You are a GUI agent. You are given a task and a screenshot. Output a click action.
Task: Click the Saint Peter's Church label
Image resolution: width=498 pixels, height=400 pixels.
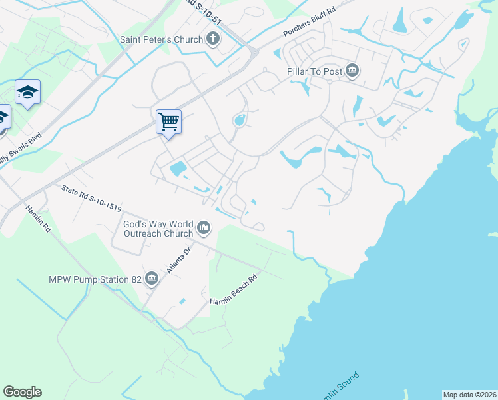pyautogui.click(x=161, y=39)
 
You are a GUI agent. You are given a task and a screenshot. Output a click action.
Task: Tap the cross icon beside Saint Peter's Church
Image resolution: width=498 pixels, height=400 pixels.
pyautogui.click(x=213, y=39)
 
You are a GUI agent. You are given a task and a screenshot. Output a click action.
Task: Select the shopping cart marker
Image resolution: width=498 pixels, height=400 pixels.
pyautogui.click(x=168, y=122)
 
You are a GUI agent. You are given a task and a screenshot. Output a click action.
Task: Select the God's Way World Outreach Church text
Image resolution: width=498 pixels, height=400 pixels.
pyautogui.click(x=158, y=229)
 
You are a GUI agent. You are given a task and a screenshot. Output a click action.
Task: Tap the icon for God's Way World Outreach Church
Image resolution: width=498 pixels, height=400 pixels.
pyautogui.click(x=204, y=229)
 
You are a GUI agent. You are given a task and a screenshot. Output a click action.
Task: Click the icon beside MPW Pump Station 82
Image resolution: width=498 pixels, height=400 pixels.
pyautogui.click(x=152, y=279)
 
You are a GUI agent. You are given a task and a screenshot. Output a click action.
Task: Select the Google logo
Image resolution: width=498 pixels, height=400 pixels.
pyautogui.click(x=22, y=392)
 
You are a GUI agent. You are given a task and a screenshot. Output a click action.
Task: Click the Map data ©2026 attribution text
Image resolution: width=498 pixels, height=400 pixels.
pyautogui.click(x=469, y=395)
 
